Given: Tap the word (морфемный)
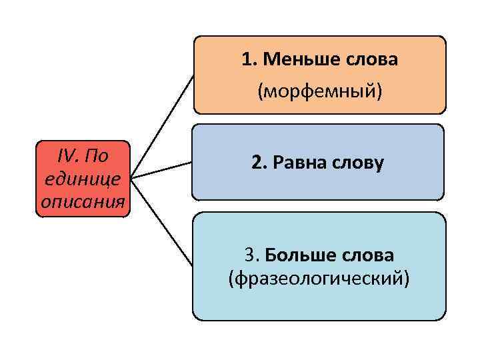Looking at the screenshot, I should (320, 91).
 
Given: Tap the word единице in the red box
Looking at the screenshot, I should (83, 179).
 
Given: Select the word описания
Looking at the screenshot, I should (83, 201).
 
